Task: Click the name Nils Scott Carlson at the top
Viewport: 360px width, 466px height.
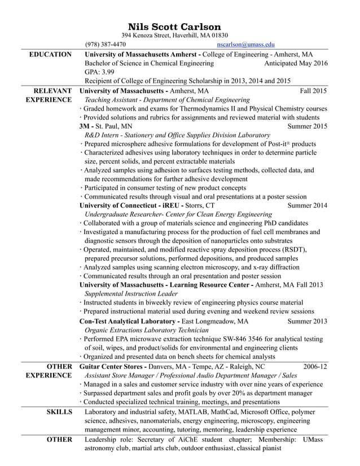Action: tap(174, 27)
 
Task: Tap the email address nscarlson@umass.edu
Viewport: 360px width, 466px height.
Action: tap(245, 44)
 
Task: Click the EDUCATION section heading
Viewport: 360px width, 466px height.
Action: tap(50, 54)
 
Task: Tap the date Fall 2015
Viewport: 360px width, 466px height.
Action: tap(313, 90)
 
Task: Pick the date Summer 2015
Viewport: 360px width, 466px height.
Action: tap(307, 126)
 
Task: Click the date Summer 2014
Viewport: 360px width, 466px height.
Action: tap(307, 205)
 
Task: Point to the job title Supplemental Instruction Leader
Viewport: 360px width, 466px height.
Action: tap(131, 294)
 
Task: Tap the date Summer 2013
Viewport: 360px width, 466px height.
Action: tap(307, 321)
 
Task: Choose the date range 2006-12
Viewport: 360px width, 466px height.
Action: tap(315, 367)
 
